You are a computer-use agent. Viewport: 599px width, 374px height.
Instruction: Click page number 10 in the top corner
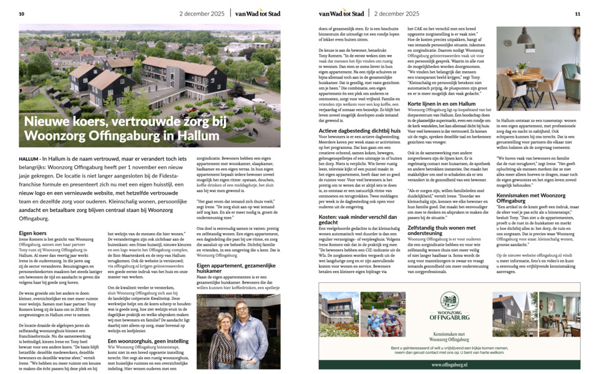point(22,13)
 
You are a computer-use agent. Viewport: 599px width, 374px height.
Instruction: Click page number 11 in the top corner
point(577,13)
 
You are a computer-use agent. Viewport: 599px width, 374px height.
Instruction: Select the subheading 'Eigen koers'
point(32,233)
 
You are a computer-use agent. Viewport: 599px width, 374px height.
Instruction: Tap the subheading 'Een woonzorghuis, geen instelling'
point(148,341)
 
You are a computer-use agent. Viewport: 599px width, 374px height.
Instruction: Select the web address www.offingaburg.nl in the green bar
point(449,365)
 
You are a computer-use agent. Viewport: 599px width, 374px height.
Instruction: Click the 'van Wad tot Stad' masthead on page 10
point(258,13)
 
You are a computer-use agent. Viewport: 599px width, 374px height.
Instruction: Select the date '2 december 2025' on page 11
point(396,13)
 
